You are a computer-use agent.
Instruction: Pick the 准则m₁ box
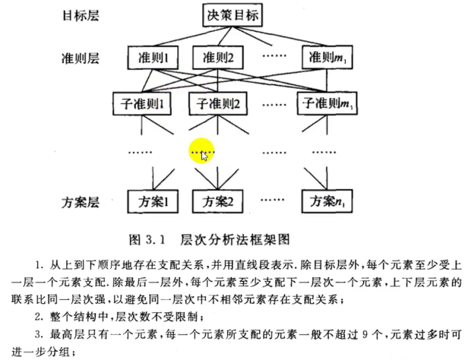click(x=324, y=57)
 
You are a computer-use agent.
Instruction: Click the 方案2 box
click(x=220, y=202)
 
